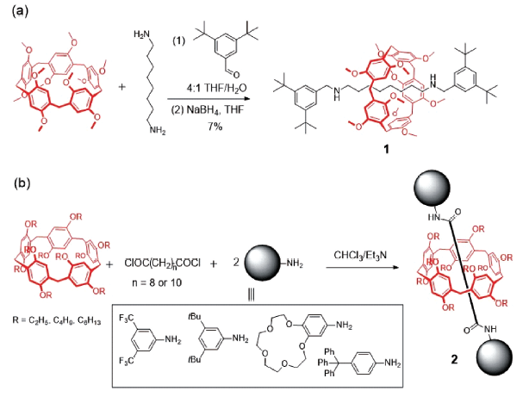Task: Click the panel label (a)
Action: tap(15, 10)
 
